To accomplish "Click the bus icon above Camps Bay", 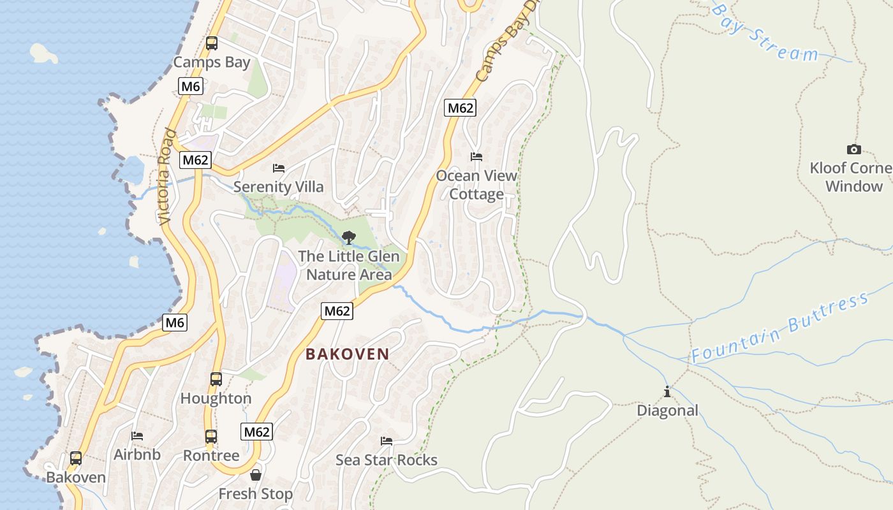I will [x=212, y=43].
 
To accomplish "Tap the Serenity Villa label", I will [x=278, y=187].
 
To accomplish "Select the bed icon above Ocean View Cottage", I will [x=476, y=156].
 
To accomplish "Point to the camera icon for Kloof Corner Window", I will [x=853, y=150].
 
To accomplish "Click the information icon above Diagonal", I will [x=667, y=391].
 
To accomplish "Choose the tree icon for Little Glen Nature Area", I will [x=348, y=238].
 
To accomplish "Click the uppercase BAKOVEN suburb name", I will [x=347, y=354].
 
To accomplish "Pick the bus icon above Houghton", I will [x=216, y=379].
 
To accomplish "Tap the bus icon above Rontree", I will [x=211, y=437].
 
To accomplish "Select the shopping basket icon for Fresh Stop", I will [x=256, y=475].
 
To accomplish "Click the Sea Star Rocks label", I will [x=387, y=460].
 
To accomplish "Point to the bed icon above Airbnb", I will [x=137, y=436].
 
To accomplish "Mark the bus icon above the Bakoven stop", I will [x=76, y=458].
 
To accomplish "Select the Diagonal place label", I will [x=667, y=411].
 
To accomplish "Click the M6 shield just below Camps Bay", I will [x=191, y=86].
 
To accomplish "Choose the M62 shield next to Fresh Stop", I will [x=257, y=432].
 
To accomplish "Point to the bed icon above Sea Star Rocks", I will [x=387, y=441].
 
